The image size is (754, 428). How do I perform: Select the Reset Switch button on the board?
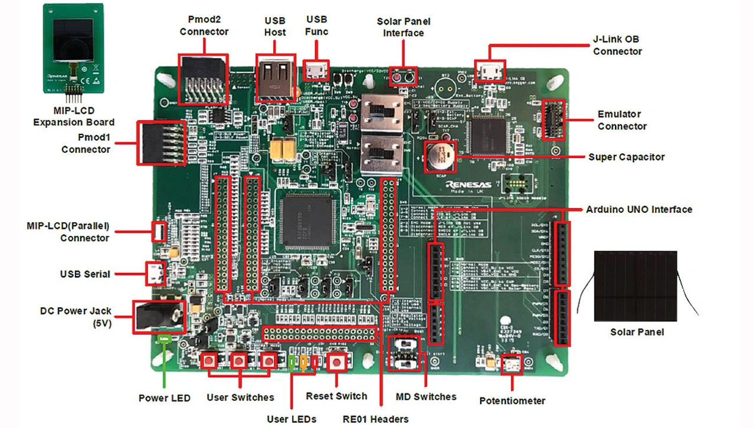pyautogui.click(x=336, y=362)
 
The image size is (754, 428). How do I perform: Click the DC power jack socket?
pyautogui.click(x=158, y=317)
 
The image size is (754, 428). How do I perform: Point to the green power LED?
pyautogui.click(x=164, y=338)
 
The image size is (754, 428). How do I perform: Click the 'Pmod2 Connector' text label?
pyautogui.click(x=204, y=26)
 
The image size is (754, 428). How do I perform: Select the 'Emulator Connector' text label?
pyautogui.click(x=622, y=120)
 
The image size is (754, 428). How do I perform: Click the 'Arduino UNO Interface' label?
pyautogui.click(x=639, y=209)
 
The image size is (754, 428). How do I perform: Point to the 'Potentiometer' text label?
pyautogui.click(x=512, y=401)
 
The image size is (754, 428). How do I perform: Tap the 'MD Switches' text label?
pyautogui.click(x=426, y=396)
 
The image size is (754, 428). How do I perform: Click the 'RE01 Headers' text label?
pyautogui.click(x=375, y=419)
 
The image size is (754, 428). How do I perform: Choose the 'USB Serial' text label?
pyautogui.click(x=85, y=274)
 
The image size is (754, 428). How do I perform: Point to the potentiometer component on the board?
pyautogui.click(x=511, y=366)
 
